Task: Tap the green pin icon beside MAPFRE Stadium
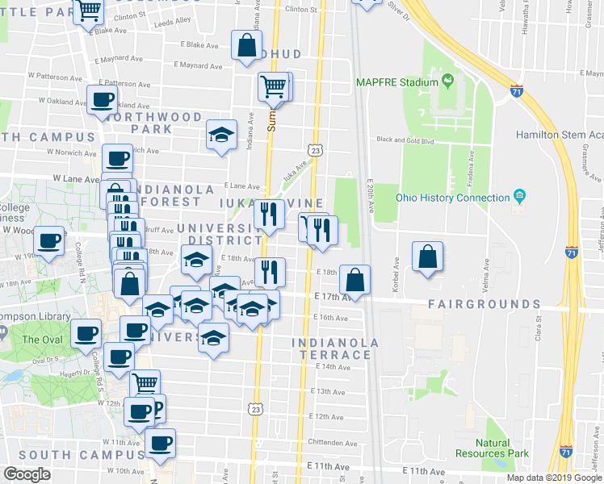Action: tap(445, 81)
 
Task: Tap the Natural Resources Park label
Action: tap(492, 448)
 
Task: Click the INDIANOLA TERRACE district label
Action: tap(336, 348)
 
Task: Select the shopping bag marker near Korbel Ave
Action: tap(427, 257)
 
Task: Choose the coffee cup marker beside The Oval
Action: tap(85, 333)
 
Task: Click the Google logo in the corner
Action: tap(27, 474)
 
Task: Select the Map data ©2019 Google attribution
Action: tap(553, 478)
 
